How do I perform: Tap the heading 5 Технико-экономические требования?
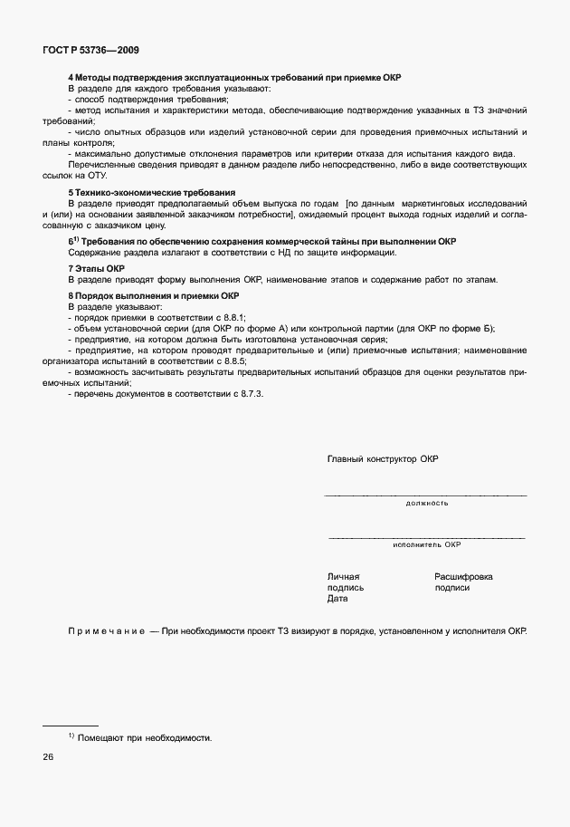[x=138, y=193]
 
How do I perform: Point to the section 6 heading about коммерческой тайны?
[x=262, y=242]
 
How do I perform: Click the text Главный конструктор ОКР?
[x=382, y=459]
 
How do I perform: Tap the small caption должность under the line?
[x=426, y=502]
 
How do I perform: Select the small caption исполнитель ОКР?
[x=426, y=545]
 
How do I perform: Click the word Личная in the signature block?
[x=343, y=576]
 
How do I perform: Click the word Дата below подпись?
[x=337, y=599]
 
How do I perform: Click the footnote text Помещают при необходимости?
[x=144, y=738]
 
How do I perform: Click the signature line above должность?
[x=425, y=495]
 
